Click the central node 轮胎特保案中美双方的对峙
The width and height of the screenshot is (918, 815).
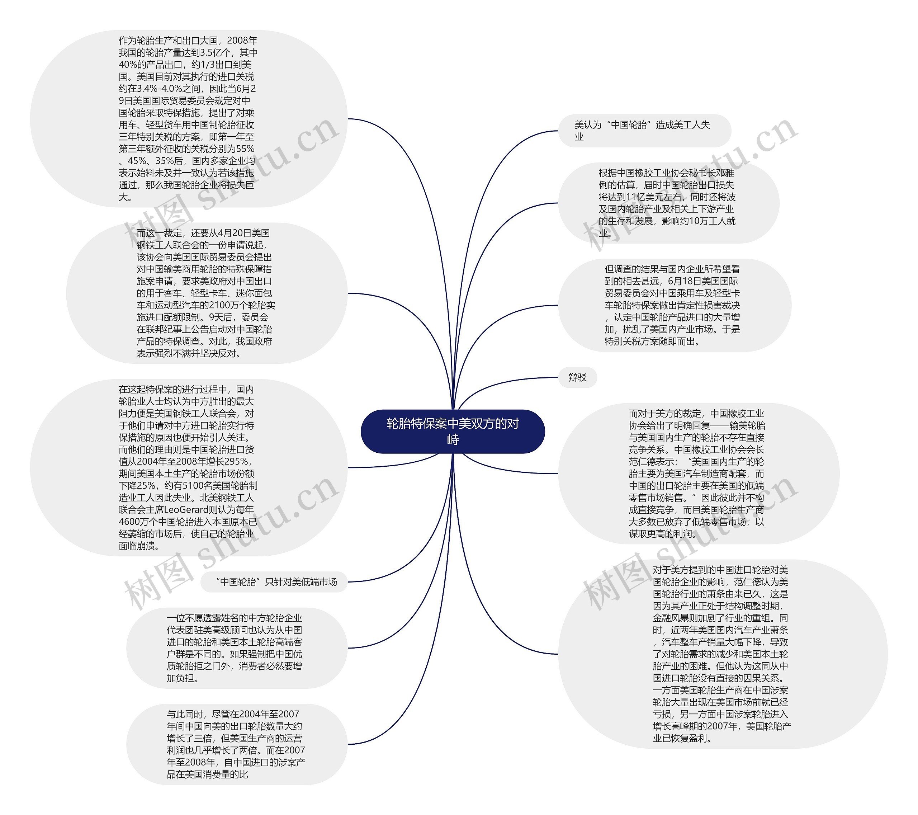point(452,431)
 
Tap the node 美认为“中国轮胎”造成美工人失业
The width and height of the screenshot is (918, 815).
point(644,131)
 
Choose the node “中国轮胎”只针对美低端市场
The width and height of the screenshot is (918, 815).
point(274,582)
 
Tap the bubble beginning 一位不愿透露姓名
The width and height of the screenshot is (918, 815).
point(236,648)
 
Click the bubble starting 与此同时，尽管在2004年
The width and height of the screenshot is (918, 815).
point(236,744)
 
